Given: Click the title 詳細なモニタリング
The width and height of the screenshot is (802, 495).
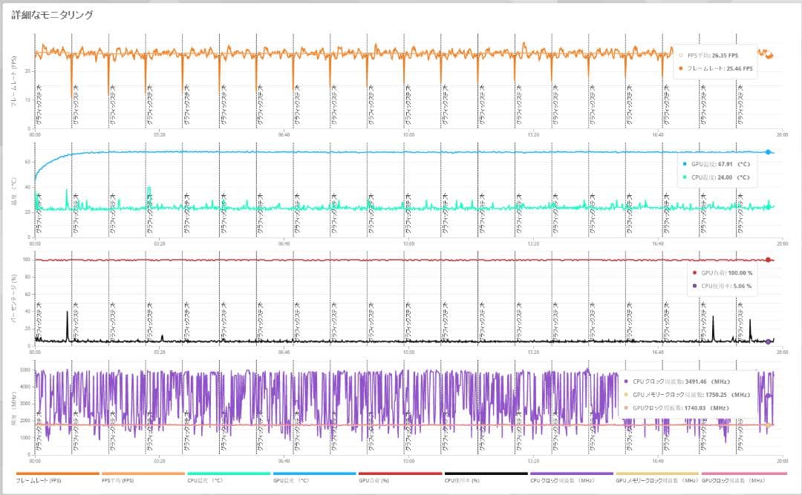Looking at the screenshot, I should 52,15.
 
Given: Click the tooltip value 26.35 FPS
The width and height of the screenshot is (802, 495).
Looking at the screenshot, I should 724,54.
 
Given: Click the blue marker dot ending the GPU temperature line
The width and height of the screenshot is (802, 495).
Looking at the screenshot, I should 768,152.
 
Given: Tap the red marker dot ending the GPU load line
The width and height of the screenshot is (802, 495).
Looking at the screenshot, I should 768,260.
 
